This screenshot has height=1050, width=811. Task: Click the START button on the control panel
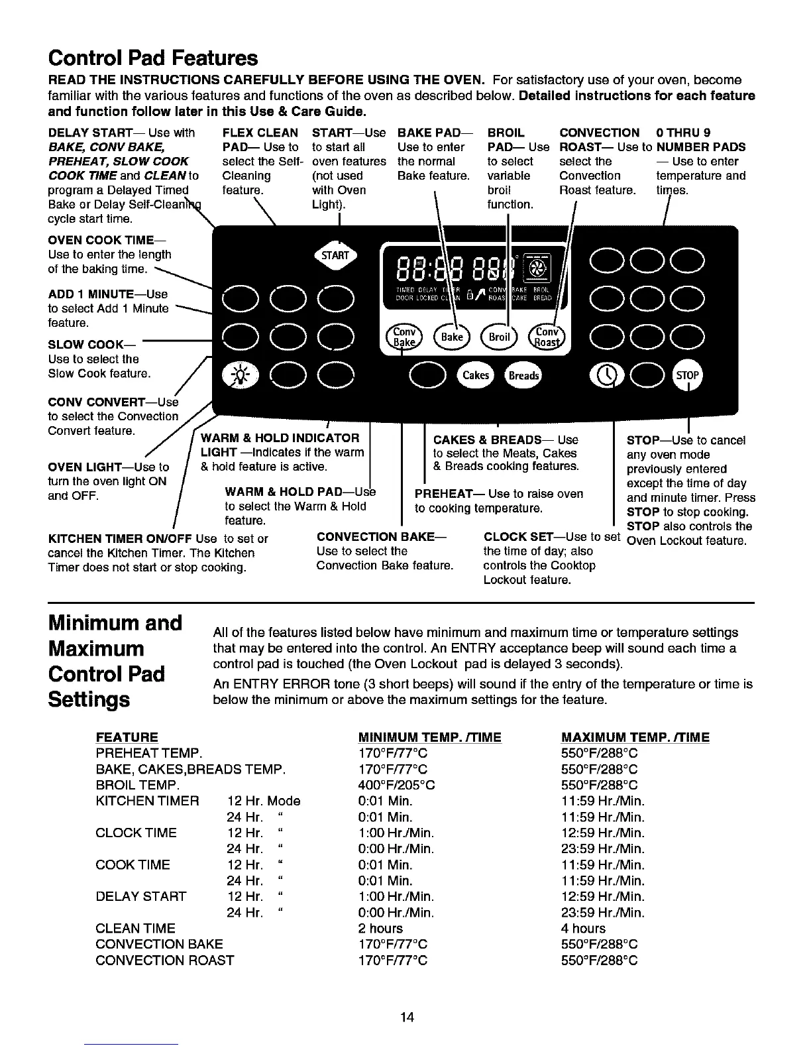pos(335,255)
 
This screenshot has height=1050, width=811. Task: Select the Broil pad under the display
pos(499,336)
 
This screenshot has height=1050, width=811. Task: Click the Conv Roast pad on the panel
pos(547,337)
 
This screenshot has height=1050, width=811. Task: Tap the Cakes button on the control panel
pos(475,375)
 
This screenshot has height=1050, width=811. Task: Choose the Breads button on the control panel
pos(523,375)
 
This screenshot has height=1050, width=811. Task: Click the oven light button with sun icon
pos(237,375)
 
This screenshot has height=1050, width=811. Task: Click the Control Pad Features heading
pos(153,58)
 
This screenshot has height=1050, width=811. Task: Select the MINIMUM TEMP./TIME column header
pos(429,737)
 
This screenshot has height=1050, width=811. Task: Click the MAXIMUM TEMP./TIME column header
pos(635,737)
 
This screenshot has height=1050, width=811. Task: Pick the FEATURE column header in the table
pos(127,737)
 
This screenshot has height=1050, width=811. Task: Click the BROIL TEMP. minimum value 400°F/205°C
pos(396,785)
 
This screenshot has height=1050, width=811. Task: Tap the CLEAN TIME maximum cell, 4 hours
pos(583,928)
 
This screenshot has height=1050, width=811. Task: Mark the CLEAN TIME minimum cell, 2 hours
pos(380,928)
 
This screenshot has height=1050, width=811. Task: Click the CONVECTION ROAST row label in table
pos(164,960)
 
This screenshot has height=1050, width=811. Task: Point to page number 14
pos(407,1017)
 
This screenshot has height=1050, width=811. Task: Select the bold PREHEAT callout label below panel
pos(443,494)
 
